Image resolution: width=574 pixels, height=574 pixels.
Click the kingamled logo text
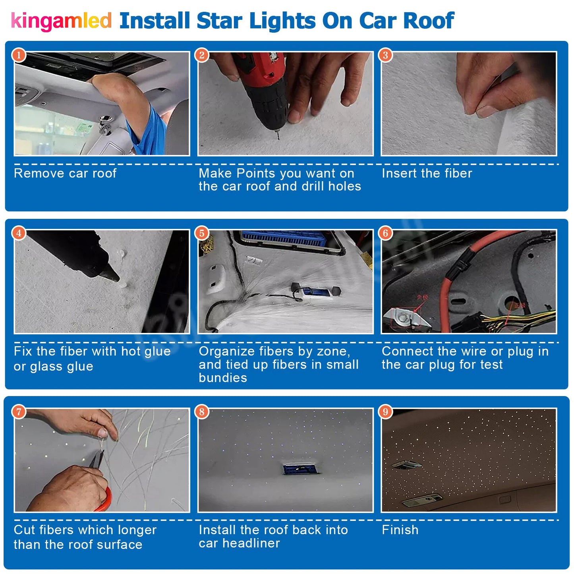click(x=61, y=21)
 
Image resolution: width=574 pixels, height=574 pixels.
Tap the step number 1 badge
click(x=19, y=55)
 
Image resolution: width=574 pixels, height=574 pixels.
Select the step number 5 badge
click(x=202, y=233)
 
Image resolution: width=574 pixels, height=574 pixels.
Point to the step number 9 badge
click(x=385, y=412)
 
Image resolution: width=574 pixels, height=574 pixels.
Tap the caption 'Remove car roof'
click(x=65, y=173)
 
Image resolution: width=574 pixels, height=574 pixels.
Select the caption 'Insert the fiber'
click(x=427, y=173)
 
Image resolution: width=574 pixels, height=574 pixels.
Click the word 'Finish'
click(x=400, y=530)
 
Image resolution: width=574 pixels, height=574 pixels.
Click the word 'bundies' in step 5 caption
click(x=223, y=378)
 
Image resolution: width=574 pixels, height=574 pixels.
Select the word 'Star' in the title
click(x=219, y=21)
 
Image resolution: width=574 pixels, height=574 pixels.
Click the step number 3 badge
click(x=385, y=55)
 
